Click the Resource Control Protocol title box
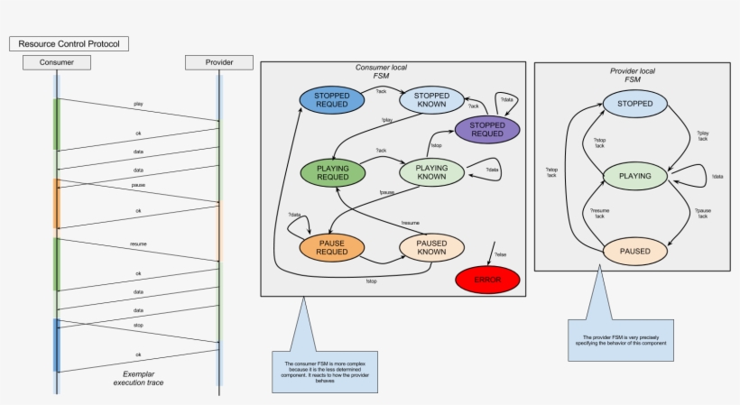(x=69, y=43)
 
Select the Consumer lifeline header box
(x=57, y=62)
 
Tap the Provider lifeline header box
(x=219, y=62)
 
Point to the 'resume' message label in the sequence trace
(x=138, y=244)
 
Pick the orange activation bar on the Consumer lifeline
(x=57, y=203)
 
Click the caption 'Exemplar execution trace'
(x=138, y=378)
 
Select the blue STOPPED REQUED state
(x=331, y=100)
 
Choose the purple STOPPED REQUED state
(x=487, y=129)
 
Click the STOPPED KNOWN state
(x=431, y=99)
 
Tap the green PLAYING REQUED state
(x=332, y=172)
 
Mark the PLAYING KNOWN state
(x=431, y=172)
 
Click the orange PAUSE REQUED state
(x=332, y=247)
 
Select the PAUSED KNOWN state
(x=431, y=247)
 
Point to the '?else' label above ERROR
(x=500, y=255)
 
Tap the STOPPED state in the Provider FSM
(x=634, y=104)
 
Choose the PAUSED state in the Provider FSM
(x=634, y=249)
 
